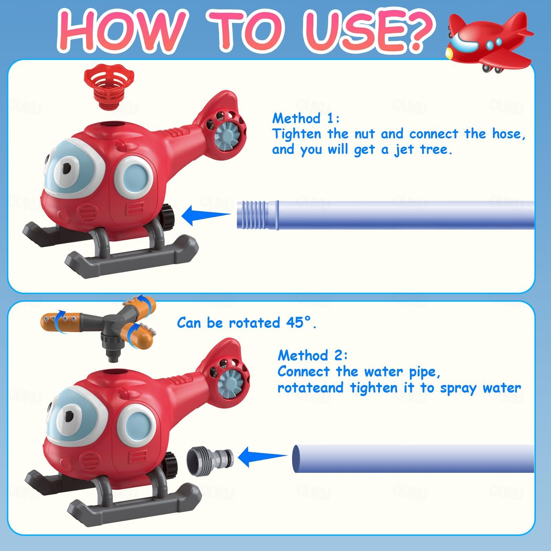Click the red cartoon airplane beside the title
(x=489, y=43)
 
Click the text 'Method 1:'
(x=306, y=118)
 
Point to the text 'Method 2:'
(x=313, y=355)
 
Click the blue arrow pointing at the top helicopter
(x=206, y=216)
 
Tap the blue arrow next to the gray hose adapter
(x=262, y=457)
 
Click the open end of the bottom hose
(x=296, y=459)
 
